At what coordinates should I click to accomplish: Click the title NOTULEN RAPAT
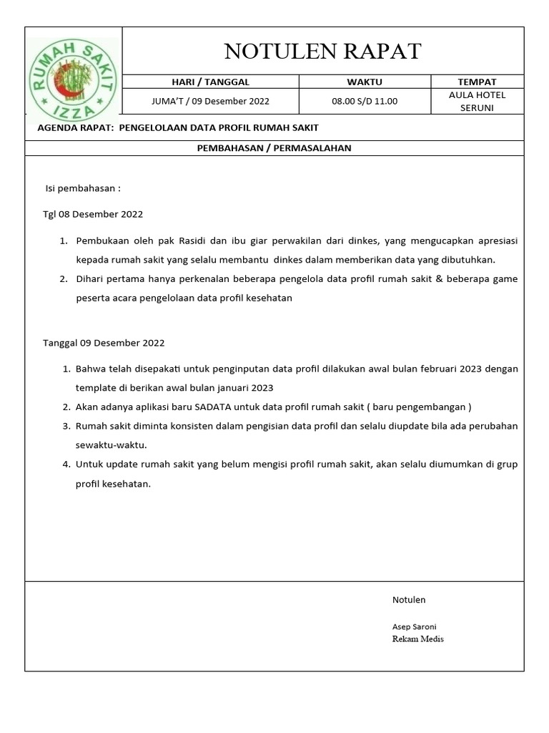click(x=322, y=52)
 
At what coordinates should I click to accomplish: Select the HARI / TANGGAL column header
click(x=210, y=82)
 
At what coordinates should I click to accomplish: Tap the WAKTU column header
click(x=365, y=82)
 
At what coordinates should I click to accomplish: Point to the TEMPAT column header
click(x=477, y=82)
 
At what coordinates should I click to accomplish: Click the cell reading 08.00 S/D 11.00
click(x=365, y=102)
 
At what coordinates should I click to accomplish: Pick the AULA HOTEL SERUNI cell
click(x=477, y=102)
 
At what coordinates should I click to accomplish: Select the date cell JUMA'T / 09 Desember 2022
click(x=210, y=102)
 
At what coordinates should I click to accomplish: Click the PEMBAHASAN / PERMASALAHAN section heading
click(x=274, y=148)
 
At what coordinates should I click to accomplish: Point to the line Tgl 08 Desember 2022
click(x=93, y=214)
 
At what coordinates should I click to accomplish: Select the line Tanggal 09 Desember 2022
click(x=104, y=343)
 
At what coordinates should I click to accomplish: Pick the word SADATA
click(x=204, y=407)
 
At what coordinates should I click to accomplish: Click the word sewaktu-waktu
click(x=111, y=445)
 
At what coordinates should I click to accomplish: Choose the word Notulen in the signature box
click(x=409, y=600)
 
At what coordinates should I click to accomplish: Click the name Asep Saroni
click(x=414, y=626)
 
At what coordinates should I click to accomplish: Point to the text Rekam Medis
click(x=417, y=639)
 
